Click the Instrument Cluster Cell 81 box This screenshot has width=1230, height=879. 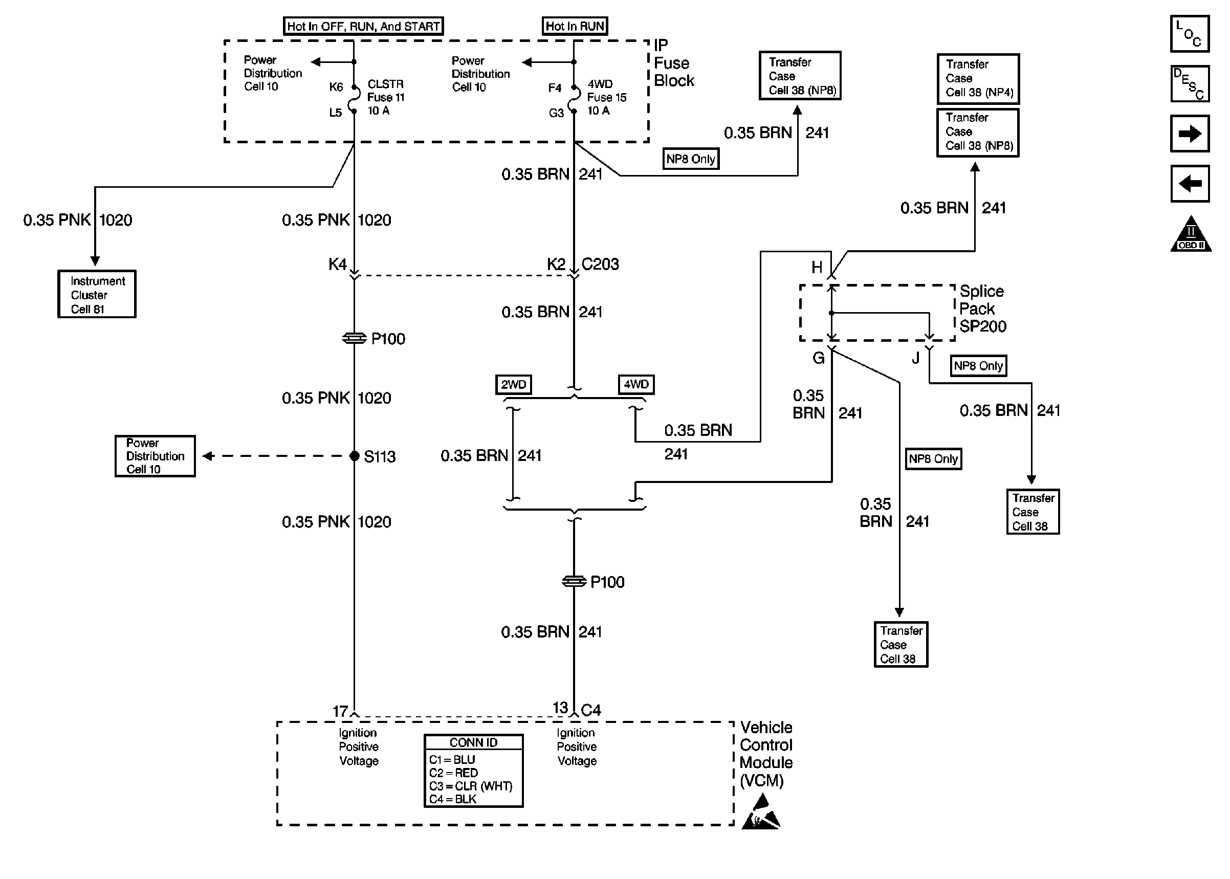click(97, 294)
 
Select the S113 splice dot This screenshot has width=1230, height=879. click(355, 456)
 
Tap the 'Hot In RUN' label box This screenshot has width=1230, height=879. click(575, 26)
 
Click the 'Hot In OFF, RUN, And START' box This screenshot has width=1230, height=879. click(363, 26)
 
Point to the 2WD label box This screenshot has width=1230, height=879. click(513, 384)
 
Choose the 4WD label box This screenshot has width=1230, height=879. click(636, 384)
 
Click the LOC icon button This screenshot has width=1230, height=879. click(1190, 34)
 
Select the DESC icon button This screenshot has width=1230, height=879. click(1190, 84)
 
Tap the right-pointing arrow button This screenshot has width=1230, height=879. click(1190, 134)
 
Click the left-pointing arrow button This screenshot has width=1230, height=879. click(1190, 184)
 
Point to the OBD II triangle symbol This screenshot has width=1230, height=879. click(1191, 235)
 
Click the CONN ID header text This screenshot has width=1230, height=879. click(473, 742)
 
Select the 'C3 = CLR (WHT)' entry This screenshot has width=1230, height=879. click(470, 786)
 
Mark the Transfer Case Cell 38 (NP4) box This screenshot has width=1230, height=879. click(978, 78)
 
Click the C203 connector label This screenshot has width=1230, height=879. click(600, 264)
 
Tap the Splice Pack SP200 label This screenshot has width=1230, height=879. click(982, 309)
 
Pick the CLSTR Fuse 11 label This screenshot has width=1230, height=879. click(385, 97)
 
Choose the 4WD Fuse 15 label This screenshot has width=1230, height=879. click(606, 97)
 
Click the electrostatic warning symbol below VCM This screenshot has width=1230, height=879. click(761, 812)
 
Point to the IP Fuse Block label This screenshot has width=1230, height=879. click(673, 63)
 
